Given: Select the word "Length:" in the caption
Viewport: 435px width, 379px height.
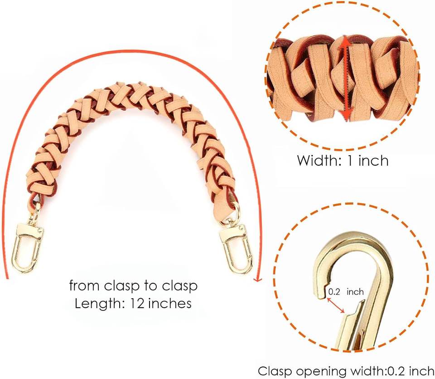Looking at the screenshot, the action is click(97, 303).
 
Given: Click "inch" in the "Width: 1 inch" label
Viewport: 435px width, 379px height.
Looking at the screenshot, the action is click(373, 160).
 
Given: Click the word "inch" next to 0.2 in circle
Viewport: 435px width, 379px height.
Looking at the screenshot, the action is click(355, 292).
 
